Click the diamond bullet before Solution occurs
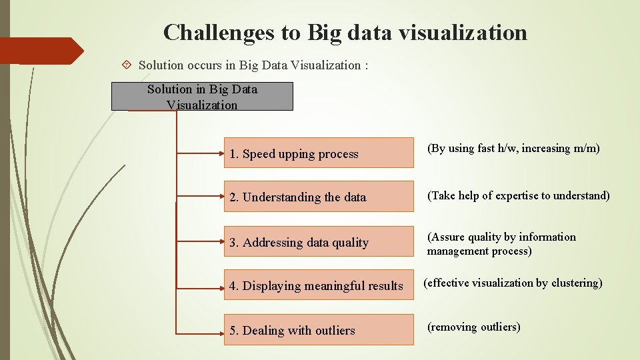[127, 65]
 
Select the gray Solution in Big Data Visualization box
[202, 97]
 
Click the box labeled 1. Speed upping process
[319, 153]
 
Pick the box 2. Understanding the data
[319, 197]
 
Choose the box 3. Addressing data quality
[319, 241]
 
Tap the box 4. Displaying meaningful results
[319, 285]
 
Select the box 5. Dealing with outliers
[319, 330]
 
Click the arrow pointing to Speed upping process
[200, 153]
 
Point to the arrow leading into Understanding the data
[200, 197]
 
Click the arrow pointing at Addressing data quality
[200, 241]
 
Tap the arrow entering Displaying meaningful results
[200, 285]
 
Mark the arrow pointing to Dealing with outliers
[200, 330]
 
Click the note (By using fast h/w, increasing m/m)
[513, 149]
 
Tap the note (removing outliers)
[473, 327]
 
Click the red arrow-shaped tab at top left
[40, 51]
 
